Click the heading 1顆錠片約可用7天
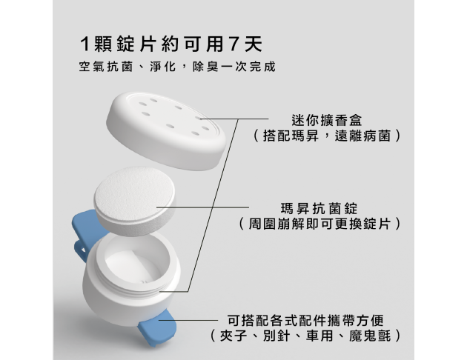(x=171, y=44)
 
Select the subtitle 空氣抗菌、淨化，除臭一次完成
(x=177, y=67)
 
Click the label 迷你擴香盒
(x=326, y=121)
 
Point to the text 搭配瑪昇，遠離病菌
(x=326, y=136)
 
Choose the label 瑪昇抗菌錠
(x=319, y=208)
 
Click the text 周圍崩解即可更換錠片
(x=319, y=224)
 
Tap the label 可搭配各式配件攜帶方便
(x=305, y=321)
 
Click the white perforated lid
(x=166, y=131)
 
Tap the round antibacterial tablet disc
(x=134, y=201)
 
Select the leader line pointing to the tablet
(x=202, y=207)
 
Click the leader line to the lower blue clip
(x=188, y=320)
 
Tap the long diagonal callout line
(x=213, y=205)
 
